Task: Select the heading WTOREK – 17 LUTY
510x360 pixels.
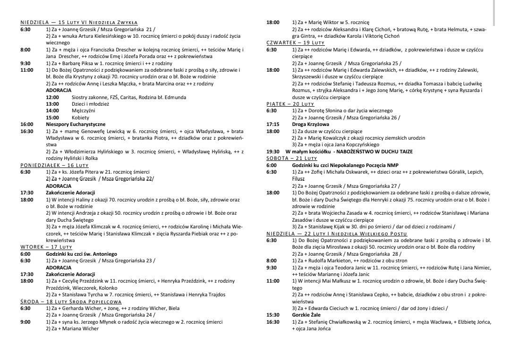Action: pyautogui.click(x=46, y=247)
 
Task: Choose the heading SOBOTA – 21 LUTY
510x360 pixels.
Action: pyautogui.click(x=291, y=159)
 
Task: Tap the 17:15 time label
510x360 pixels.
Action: pyautogui.click(x=272, y=124)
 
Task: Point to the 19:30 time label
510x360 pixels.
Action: pyautogui.click(x=272, y=151)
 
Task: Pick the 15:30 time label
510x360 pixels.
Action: pyautogui.click(x=272, y=315)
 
